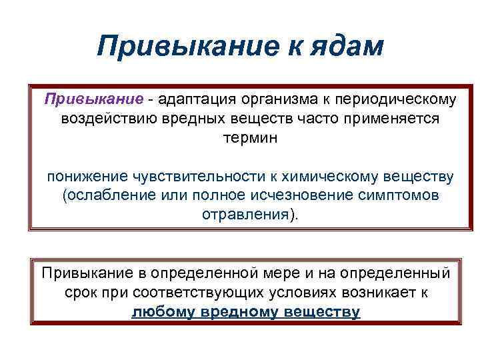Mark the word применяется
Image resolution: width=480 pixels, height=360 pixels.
click(x=382, y=119)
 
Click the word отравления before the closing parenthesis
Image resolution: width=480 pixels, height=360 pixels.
click(x=244, y=216)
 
